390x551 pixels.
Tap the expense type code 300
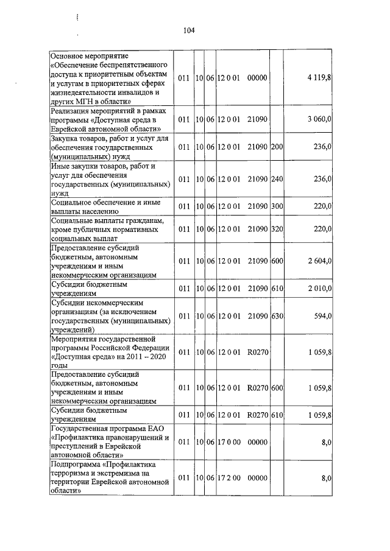pos(277,206)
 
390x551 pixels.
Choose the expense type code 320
pos(277,230)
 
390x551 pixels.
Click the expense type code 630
pos(277,315)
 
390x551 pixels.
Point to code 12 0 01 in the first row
pos(229,78)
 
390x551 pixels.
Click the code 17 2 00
pos(229,480)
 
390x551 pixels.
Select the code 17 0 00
pos(229,444)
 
